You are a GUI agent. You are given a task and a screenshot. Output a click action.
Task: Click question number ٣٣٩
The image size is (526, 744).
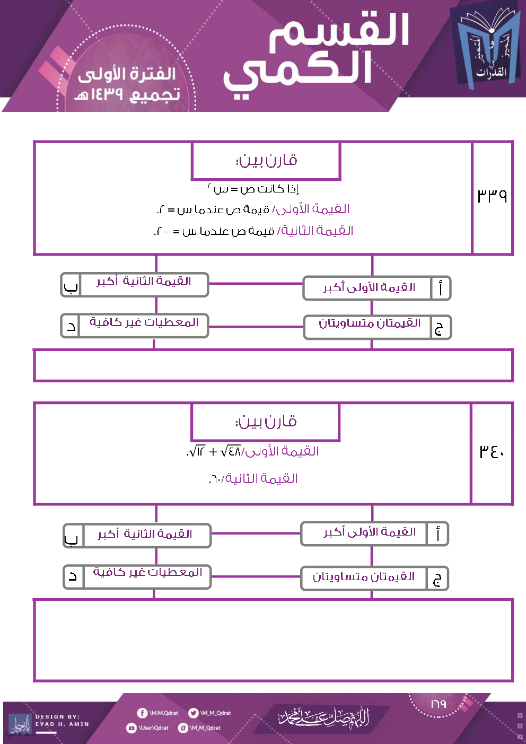[x=492, y=196]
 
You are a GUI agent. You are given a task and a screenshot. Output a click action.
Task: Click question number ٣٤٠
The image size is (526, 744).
[x=492, y=451]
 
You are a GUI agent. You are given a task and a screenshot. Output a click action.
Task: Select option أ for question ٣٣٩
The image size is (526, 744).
[x=377, y=288]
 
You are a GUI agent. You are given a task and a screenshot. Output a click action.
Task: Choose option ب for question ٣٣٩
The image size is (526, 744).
[x=135, y=285]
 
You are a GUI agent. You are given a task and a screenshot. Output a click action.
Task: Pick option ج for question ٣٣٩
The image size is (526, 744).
[x=377, y=327]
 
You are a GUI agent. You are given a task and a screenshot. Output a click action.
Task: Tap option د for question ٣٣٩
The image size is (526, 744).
[x=135, y=325]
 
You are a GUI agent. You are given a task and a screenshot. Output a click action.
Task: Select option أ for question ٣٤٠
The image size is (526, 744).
[x=374, y=533]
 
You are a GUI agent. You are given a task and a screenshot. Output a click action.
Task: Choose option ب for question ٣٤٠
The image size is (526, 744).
[x=137, y=536]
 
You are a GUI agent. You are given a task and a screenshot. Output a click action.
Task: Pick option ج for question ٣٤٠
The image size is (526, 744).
[x=374, y=578]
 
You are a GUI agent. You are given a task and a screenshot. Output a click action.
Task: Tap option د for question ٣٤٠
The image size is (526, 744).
[x=137, y=576]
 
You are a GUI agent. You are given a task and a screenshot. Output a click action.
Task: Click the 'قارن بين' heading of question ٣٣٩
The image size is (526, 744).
[x=266, y=160]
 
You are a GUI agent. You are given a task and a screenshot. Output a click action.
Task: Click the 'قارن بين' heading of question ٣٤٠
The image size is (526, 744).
[x=265, y=422]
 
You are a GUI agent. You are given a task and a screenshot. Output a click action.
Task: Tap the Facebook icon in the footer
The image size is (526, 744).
[x=142, y=713]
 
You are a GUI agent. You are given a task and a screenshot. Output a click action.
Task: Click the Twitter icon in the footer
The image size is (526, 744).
[x=194, y=713]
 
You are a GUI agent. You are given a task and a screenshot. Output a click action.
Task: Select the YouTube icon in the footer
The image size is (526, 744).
[x=131, y=728]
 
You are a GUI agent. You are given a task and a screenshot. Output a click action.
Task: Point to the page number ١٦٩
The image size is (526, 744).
[x=438, y=704]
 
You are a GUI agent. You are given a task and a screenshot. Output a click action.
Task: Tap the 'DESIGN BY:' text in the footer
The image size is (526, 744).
[x=57, y=716]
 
